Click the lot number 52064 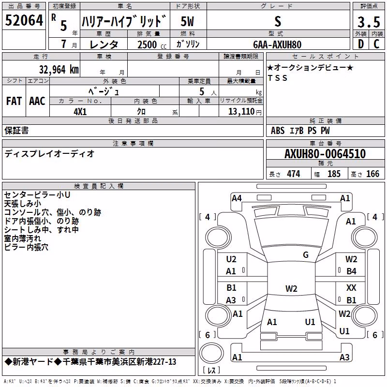[24, 20]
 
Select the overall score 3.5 [369, 22]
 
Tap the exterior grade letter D [361, 44]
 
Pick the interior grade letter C [376, 44]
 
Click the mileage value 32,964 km [59, 70]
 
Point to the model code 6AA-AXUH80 [277, 45]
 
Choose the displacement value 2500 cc [152, 45]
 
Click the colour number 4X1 [80, 112]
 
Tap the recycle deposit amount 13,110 [241, 112]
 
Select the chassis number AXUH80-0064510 [325, 154]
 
